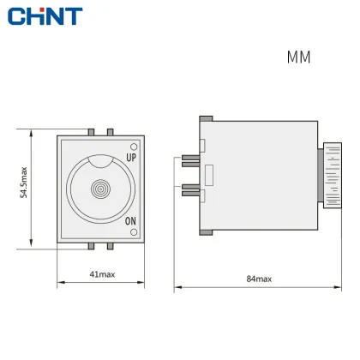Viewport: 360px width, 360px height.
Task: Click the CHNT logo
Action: [x=41, y=15]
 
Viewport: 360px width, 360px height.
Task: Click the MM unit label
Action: [x=298, y=57]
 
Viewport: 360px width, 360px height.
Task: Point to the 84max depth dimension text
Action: [x=258, y=279]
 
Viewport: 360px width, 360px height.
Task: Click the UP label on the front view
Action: [x=131, y=158]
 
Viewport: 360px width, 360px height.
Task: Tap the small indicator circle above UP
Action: [x=132, y=146]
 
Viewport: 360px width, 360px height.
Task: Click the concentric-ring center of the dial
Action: [x=101, y=189]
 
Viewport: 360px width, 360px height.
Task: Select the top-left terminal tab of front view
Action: [x=91, y=132]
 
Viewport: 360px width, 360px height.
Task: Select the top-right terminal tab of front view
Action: [x=110, y=132]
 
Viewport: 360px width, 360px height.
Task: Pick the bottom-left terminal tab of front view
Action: [x=91, y=246]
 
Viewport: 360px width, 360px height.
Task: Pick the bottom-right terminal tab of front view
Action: [x=110, y=246]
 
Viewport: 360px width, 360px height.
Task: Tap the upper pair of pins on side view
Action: [x=190, y=159]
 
